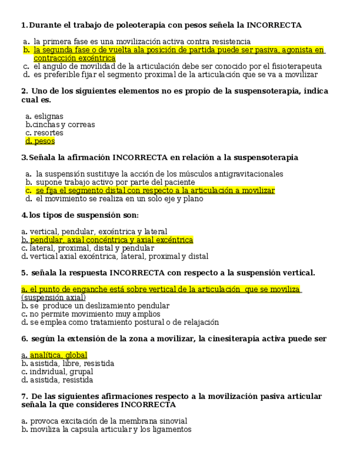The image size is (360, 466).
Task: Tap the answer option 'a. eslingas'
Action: click(x=45, y=116)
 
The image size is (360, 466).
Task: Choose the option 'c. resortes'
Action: click(x=45, y=133)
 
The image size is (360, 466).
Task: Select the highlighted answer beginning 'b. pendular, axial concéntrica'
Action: click(x=107, y=240)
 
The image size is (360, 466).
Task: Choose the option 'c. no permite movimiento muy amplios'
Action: click(x=91, y=314)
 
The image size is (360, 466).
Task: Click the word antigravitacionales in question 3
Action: click(x=248, y=174)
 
